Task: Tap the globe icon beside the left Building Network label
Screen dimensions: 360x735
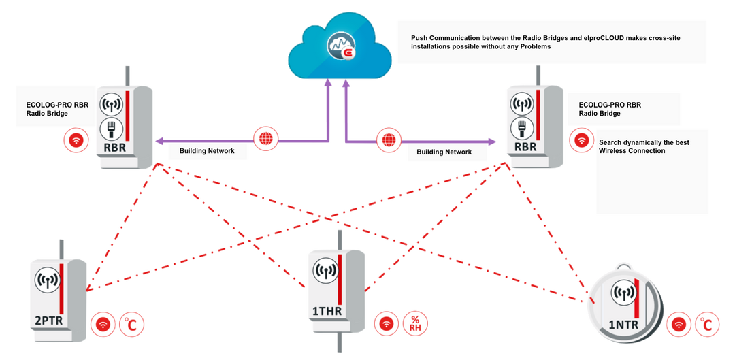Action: (x=265, y=139)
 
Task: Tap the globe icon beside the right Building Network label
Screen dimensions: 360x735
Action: (x=388, y=140)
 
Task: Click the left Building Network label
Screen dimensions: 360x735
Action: (x=207, y=151)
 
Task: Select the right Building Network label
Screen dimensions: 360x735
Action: (x=444, y=152)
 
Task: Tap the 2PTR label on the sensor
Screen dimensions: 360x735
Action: (x=50, y=320)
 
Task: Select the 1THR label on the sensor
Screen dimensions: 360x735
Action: (x=327, y=312)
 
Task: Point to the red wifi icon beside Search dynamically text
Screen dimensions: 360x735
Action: (x=581, y=140)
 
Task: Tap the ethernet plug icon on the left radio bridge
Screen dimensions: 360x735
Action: (x=111, y=127)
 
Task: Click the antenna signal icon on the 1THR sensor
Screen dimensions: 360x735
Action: (x=325, y=269)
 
